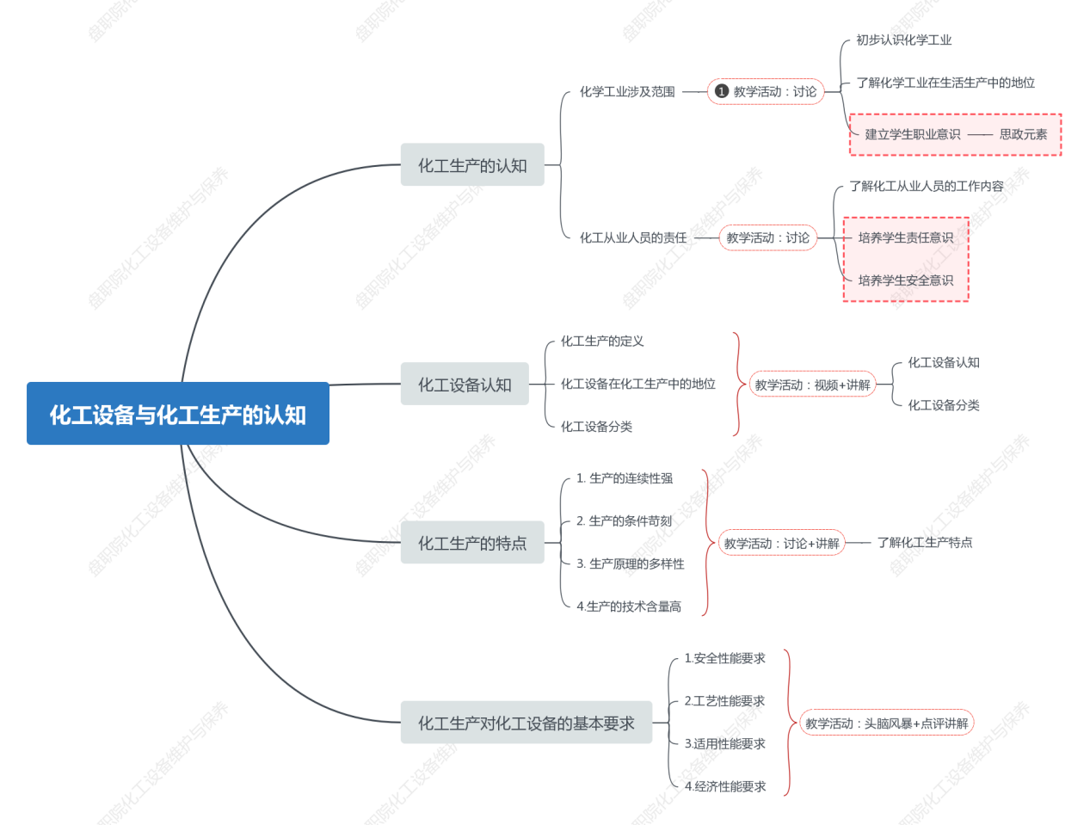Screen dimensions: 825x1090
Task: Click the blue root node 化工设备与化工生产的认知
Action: tap(178, 414)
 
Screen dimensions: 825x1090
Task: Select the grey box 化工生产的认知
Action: tap(472, 165)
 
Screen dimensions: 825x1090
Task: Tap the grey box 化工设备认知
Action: tap(465, 385)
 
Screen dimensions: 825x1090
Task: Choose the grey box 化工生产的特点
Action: tap(472, 543)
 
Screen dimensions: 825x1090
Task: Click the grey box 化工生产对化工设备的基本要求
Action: tap(526, 723)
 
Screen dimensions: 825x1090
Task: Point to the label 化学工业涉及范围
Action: tap(627, 92)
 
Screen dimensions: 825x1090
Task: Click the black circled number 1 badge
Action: tap(722, 91)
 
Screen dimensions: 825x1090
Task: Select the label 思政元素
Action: tap(1023, 134)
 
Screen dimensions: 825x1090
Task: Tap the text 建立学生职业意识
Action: tap(912, 134)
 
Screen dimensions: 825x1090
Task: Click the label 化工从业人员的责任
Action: tap(633, 237)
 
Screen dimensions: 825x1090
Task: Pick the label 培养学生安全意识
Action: tap(905, 280)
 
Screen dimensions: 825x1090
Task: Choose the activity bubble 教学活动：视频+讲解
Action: tap(812, 385)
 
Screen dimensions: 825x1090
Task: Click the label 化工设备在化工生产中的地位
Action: tap(637, 384)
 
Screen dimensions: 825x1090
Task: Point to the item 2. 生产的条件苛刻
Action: tap(624, 521)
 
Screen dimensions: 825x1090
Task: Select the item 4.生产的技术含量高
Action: tap(628, 606)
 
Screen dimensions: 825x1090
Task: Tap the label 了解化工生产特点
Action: tap(925, 542)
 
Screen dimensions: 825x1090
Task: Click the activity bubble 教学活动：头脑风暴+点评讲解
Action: tap(886, 723)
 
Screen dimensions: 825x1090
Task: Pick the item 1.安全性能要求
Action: tap(724, 658)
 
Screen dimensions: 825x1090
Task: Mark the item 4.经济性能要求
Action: tap(724, 786)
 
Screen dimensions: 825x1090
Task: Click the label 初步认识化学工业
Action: tap(903, 40)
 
